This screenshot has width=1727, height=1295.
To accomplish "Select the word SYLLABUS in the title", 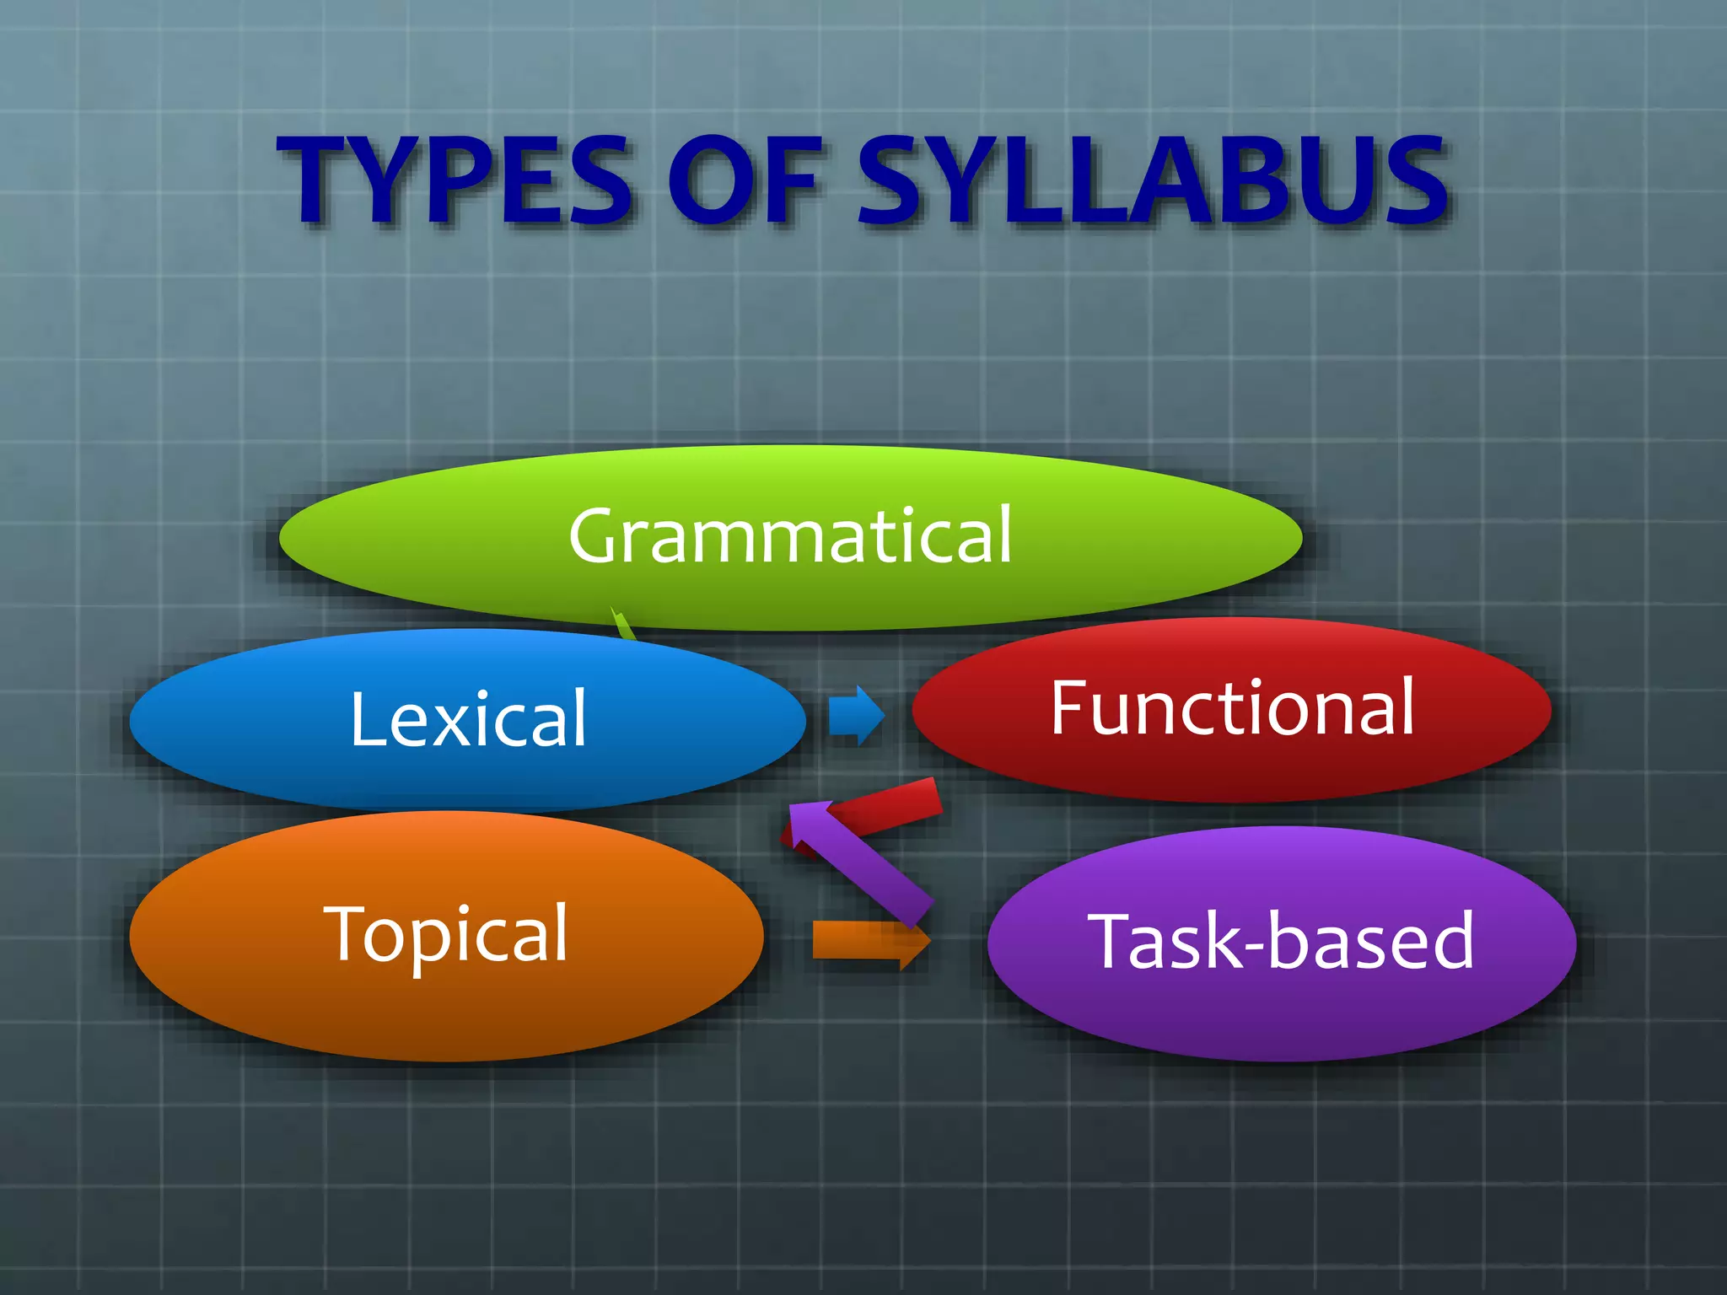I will (x=1152, y=181).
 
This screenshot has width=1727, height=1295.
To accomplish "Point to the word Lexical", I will (x=468, y=718).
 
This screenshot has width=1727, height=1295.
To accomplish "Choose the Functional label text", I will (x=1232, y=708).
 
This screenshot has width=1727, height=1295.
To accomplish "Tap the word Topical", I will (x=447, y=934).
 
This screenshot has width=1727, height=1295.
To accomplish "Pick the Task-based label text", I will (x=1281, y=941).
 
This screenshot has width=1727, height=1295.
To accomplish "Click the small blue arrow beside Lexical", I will (x=855, y=716).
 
